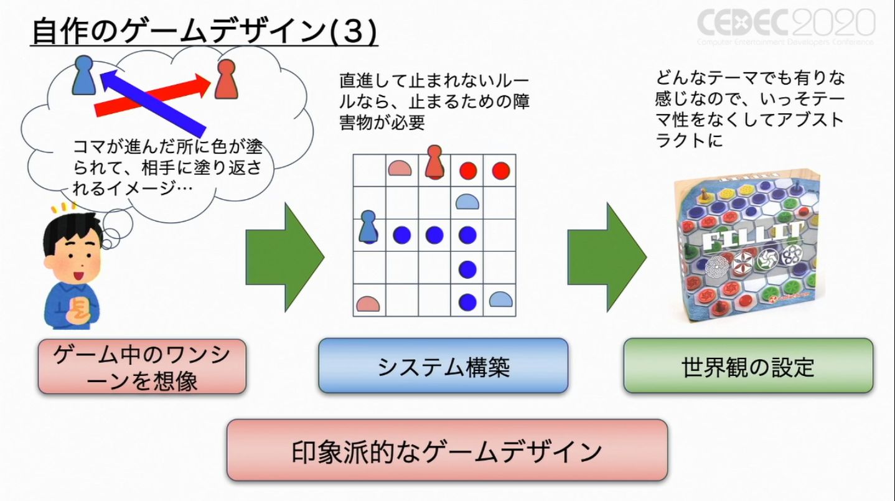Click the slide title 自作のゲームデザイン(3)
pyautogui.click(x=204, y=32)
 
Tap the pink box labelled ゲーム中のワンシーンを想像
pyautogui.click(x=142, y=367)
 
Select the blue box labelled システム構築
pyautogui.click(x=443, y=367)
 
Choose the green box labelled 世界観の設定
pyautogui.click(x=747, y=367)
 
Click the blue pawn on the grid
pyautogui.click(x=369, y=227)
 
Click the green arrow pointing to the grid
pyautogui.click(x=285, y=256)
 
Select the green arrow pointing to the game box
pyautogui.click(x=607, y=256)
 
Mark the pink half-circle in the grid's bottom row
pyautogui.click(x=368, y=303)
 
